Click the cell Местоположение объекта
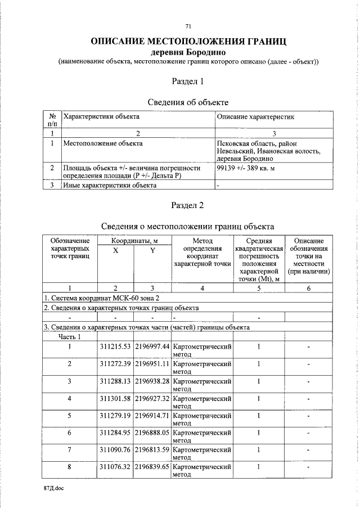(x=103, y=143)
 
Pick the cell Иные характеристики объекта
(x=110, y=185)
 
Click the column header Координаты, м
(x=133, y=241)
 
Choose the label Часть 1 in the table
(x=70, y=337)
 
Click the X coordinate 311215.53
(x=115, y=346)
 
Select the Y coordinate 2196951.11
(x=151, y=364)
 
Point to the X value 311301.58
(x=115, y=399)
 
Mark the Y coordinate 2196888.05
(x=151, y=433)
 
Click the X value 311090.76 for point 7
(x=115, y=450)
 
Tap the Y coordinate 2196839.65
(x=151, y=467)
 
